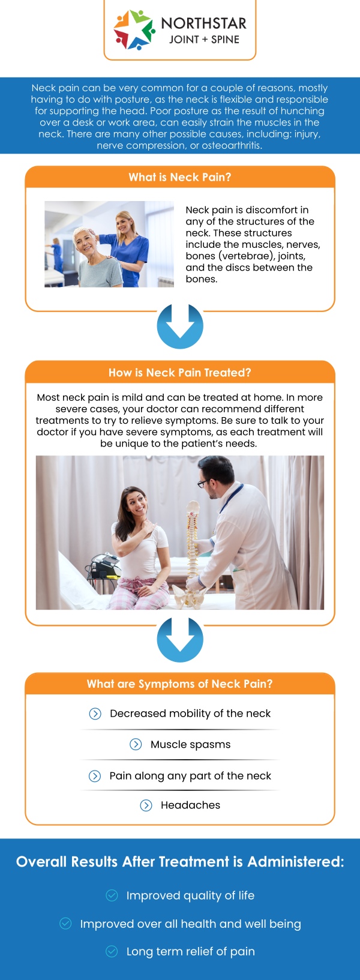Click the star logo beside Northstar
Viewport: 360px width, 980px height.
(134, 29)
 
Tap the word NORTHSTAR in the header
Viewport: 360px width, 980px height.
(203, 23)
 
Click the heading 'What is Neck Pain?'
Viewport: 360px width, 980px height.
(180, 177)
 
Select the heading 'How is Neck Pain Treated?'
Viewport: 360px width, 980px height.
(180, 373)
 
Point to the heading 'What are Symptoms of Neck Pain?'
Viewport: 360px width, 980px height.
(180, 684)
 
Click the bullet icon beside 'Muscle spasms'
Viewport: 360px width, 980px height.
(136, 744)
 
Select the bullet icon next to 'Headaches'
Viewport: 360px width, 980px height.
(146, 805)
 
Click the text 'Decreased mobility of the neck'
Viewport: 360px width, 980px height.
(190, 714)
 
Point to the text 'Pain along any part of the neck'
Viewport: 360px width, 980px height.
(190, 776)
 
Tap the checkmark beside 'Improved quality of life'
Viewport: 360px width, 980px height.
(112, 895)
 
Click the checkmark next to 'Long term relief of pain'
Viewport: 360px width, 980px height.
(112, 952)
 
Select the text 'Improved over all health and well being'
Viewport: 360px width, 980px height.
(190, 924)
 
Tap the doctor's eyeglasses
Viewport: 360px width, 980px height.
(203, 484)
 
